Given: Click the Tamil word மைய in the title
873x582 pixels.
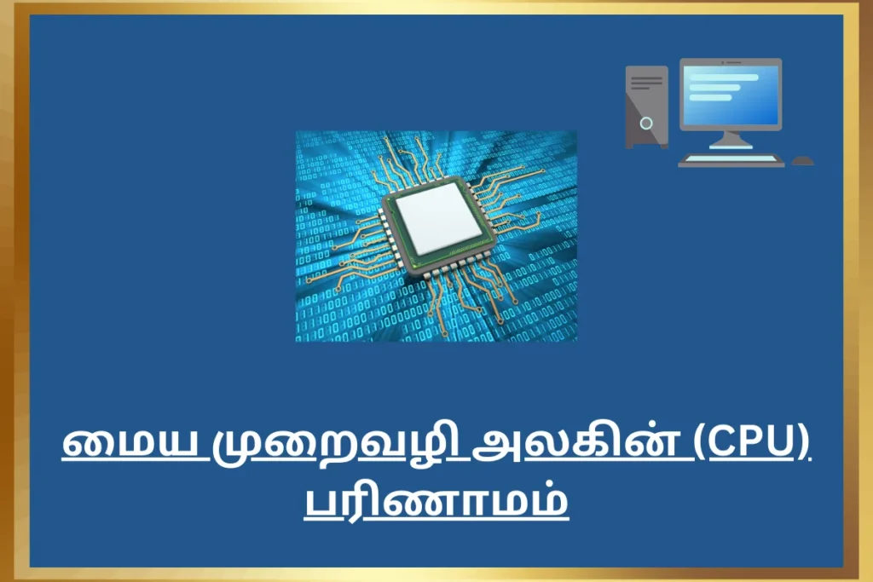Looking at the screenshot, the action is (x=130, y=443).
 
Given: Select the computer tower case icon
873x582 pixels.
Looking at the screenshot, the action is (x=646, y=107).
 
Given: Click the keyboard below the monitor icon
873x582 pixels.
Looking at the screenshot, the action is (x=731, y=161).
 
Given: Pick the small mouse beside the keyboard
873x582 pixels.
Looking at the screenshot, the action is (x=802, y=161).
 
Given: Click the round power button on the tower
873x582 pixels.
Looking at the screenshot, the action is (x=646, y=123).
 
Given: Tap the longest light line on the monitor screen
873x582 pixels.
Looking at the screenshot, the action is (x=724, y=78).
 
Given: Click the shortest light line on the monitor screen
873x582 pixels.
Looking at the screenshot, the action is (x=710, y=97).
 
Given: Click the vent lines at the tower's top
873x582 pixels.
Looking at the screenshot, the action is (x=646, y=83).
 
